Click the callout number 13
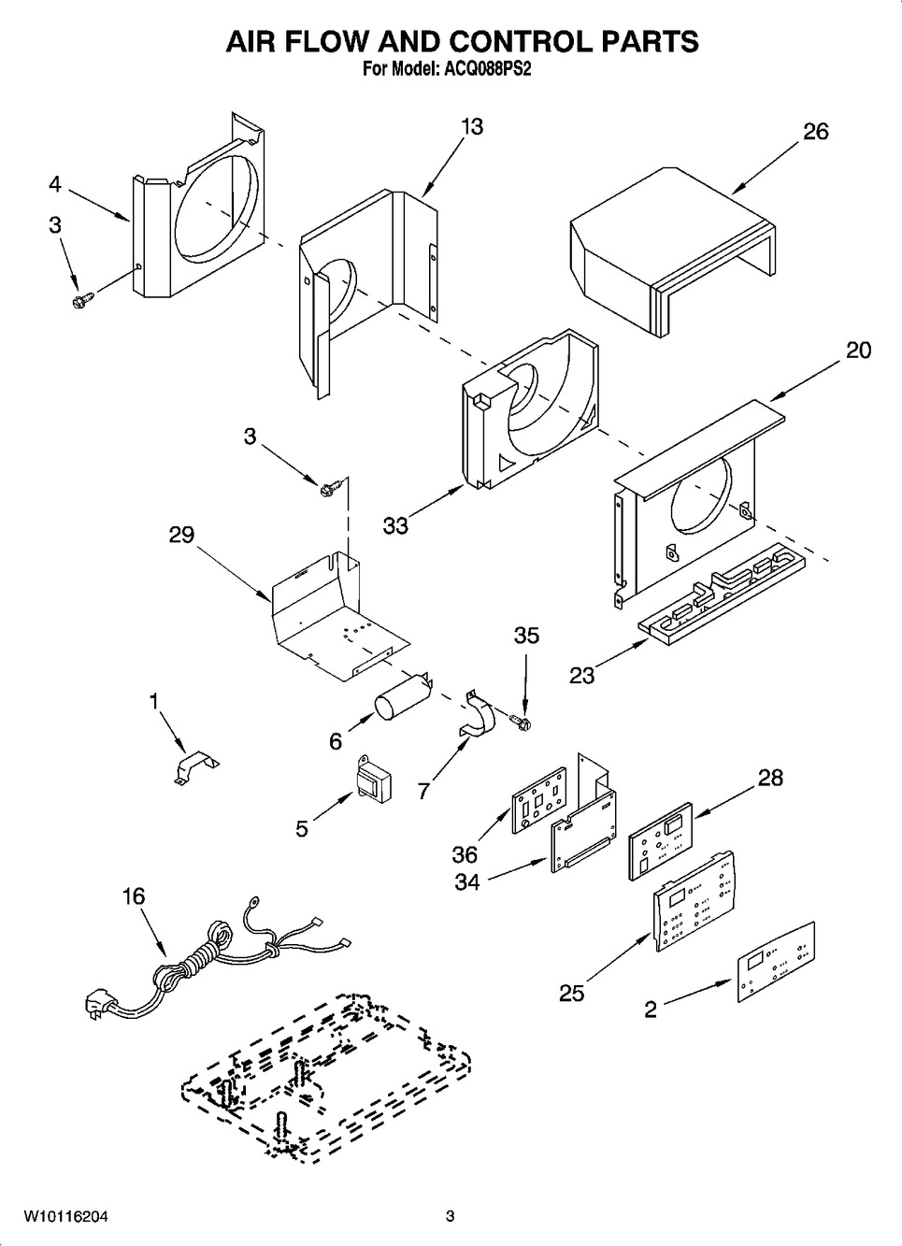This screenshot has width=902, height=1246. pyautogui.click(x=472, y=127)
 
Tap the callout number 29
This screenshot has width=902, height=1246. pyautogui.click(x=182, y=535)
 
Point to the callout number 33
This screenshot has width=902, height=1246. pyautogui.click(x=396, y=525)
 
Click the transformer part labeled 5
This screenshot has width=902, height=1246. pyautogui.click(x=372, y=780)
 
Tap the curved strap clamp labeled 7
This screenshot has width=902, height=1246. pyautogui.click(x=478, y=716)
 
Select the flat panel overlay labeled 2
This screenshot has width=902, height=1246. pyautogui.click(x=777, y=962)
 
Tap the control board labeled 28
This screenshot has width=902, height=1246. pyautogui.click(x=660, y=840)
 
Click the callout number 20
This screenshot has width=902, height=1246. pyautogui.click(x=859, y=351)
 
